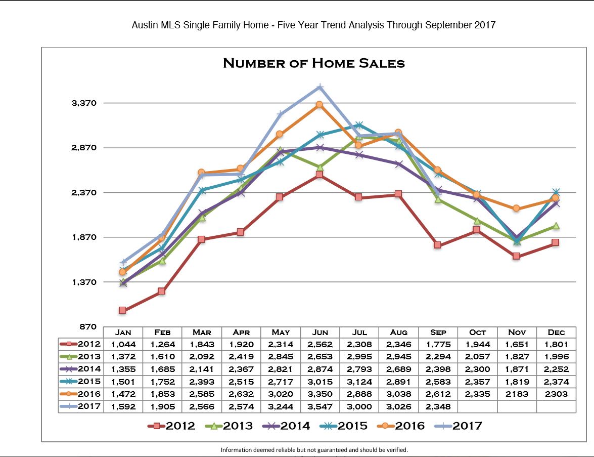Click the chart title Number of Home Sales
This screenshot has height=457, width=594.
point(313,63)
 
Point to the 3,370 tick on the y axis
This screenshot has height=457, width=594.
point(84,103)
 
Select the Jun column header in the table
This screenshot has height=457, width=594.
point(320,333)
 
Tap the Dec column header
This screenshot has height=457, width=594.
point(556,333)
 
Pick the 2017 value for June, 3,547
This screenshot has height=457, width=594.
point(320,406)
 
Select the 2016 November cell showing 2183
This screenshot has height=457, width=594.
point(517,394)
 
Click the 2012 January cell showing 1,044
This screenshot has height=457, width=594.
point(123,344)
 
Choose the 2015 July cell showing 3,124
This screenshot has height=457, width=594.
point(359,382)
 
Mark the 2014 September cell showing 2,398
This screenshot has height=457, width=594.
point(438,369)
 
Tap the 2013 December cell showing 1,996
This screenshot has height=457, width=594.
point(556,357)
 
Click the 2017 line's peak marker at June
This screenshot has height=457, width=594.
point(319,88)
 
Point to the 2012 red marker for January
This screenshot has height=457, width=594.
point(122,310)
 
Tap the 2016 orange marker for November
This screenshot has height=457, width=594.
point(516,208)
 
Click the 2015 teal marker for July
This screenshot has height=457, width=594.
point(359,125)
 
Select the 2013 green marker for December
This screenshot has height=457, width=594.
point(556,226)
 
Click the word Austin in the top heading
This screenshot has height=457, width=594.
point(144,25)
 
